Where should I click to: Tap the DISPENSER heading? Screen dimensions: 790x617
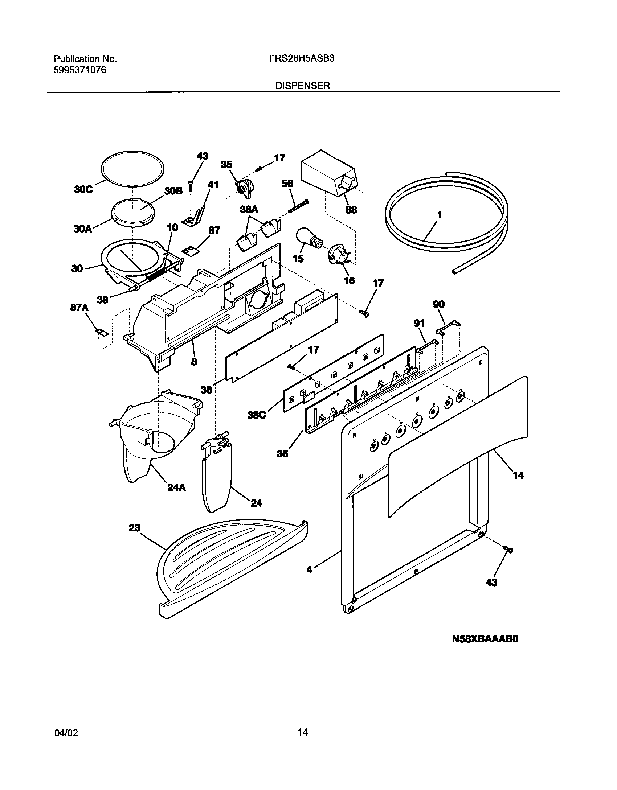(303, 86)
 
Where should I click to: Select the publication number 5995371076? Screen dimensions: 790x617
(80, 70)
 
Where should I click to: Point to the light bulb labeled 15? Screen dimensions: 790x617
(310, 238)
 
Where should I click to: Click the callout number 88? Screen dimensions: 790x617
(351, 209)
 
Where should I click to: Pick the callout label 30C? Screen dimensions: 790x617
(83, 189)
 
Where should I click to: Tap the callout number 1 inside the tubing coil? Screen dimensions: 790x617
(440, 215)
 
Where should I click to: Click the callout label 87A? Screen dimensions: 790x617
(79, 308)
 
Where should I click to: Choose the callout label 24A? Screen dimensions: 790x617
(176, 487)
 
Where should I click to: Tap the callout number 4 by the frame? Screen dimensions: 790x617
(309, 569)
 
